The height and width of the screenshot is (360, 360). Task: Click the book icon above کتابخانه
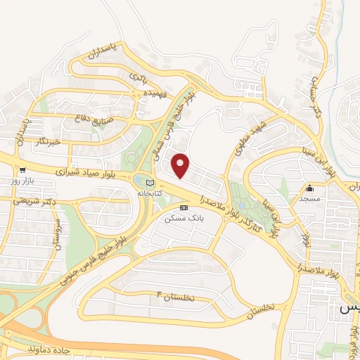coord(148,181)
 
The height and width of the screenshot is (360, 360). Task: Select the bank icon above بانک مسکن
coord(184,207)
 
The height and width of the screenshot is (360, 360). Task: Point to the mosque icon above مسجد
coord(309,188)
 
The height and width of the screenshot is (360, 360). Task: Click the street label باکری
coord(137,75)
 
